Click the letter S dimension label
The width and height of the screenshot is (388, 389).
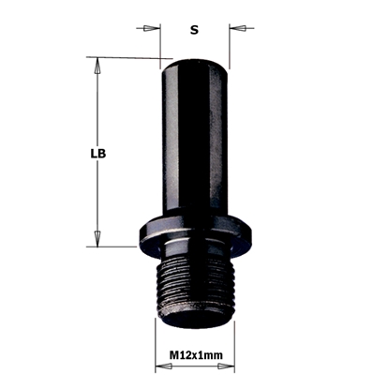point(195,30)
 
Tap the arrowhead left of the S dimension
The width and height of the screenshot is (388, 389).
point(151,29)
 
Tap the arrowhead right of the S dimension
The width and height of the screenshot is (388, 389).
point(241,29)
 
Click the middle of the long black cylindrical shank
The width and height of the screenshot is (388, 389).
point(196,141)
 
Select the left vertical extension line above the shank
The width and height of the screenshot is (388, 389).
point(161,37)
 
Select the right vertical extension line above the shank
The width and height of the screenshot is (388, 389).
point(231,37)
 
